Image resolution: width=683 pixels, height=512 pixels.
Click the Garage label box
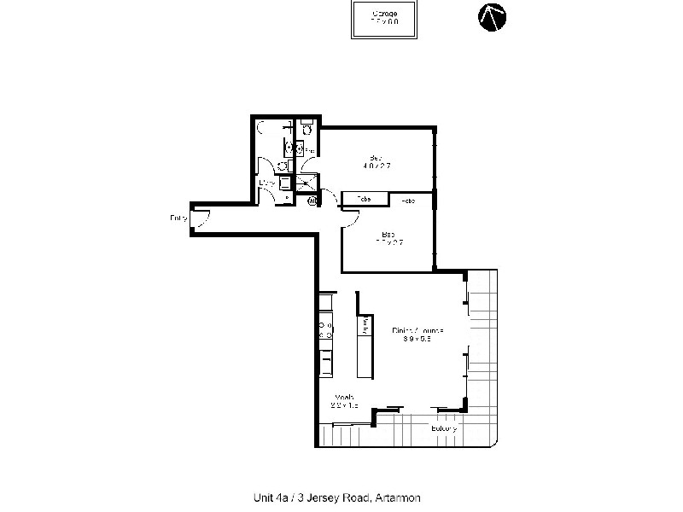point(385,19)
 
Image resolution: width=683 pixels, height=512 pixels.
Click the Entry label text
point(178,218)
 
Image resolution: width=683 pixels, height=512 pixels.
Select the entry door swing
point(200,220)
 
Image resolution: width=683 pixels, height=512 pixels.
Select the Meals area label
point(344,400)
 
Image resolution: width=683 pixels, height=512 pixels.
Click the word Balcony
point(443,428)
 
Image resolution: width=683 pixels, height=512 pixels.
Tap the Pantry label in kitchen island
point(367,325)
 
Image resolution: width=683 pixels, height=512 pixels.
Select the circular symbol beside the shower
point(312,202)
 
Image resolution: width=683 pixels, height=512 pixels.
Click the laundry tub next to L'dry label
point(284,182)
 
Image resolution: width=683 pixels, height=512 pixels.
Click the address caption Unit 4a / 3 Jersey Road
point(307,497)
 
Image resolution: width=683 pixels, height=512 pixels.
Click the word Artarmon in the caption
point(397,497)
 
